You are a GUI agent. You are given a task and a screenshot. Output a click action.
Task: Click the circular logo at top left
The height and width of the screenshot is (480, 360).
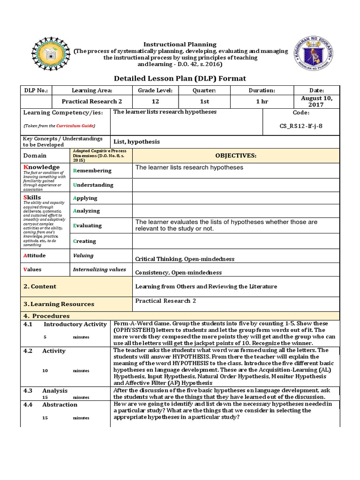tap(51, 53)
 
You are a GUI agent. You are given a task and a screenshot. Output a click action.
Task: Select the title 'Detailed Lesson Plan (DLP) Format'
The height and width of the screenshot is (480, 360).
tap(180, 78)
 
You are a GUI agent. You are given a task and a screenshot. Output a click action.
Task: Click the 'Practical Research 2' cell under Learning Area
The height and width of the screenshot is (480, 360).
tap(92, 101)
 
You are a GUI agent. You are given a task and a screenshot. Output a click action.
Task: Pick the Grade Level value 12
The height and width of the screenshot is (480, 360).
tap(156, 101)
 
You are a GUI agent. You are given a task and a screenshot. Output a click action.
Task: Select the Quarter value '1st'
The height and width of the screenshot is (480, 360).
tap(204, 101)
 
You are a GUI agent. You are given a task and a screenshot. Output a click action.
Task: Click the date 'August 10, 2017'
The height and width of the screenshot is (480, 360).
tap(317, 101)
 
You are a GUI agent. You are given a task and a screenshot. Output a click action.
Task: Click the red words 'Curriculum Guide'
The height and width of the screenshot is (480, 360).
tap(75, 126)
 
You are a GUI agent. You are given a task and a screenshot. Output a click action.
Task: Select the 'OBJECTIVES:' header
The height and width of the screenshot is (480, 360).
tap(236, 155)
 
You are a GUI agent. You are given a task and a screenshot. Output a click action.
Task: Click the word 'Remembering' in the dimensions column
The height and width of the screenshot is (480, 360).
tap(92, 171)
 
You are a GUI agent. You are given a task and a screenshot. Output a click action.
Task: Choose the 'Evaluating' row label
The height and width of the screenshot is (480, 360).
tap(87, 225)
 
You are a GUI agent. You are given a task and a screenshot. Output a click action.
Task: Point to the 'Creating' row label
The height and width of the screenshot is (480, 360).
tap(84, 241)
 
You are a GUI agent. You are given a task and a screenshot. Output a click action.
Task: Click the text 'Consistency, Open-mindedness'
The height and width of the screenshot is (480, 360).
tap(179, 272)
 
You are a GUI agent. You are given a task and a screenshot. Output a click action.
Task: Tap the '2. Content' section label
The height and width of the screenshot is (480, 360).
tap(40, 286)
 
